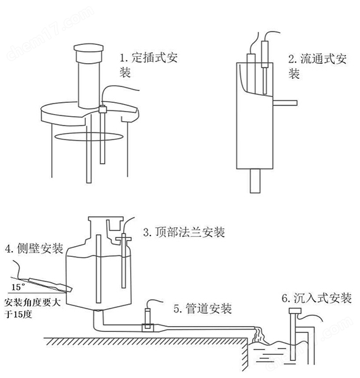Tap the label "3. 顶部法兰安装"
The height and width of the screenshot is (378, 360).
click(184, 232)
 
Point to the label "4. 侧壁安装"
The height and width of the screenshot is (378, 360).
click(33, 249)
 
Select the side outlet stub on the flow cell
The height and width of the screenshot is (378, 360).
click(285, 100)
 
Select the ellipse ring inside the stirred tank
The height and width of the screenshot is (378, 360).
click(82, 135)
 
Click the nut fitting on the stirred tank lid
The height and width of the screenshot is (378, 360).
click(101, 110)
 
